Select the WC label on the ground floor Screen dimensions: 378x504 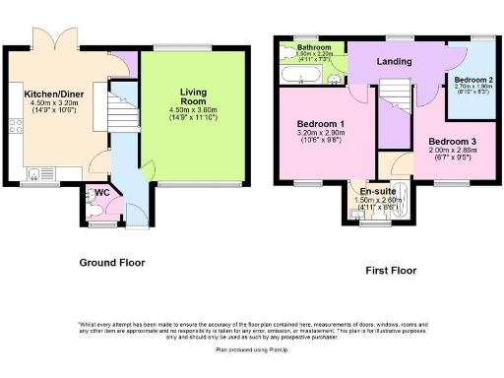coord(100,192)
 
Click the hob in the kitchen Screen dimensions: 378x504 coord(15,126)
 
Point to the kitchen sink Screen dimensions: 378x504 coord(35,175)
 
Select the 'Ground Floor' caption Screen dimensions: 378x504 coord(112,263)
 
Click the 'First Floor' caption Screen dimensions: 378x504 coord(390,269)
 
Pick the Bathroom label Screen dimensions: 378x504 coord(314,47)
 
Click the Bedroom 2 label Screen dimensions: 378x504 coord(473,78)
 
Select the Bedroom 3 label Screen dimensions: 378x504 coord(452,142)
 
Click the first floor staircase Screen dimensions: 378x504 coord(394,103)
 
